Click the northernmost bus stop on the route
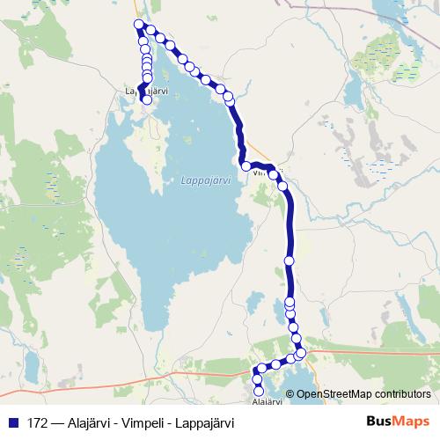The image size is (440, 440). tap(138, 24)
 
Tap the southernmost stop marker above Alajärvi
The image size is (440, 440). tap(259, 391)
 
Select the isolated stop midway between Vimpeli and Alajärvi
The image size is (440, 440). tap(290, 260)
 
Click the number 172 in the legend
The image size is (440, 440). tap(37, 422)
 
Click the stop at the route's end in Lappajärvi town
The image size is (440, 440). tap(147, 100)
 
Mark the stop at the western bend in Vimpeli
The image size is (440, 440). tap(246, 165)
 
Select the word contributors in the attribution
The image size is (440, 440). tap(400, 393)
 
